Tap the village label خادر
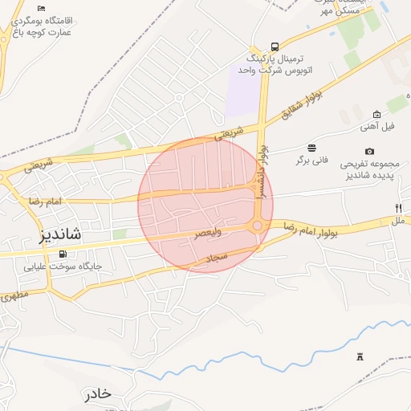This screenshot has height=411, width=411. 96,394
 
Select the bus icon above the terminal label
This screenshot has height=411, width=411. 275,47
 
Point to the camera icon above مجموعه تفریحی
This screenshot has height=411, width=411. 369,151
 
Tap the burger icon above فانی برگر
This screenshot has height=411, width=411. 311,148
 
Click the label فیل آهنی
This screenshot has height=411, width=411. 377,127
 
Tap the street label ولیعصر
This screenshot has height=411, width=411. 208,233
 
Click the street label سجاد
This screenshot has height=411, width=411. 218,258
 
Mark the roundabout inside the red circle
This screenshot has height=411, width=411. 257,226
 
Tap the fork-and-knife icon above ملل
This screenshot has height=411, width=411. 397,208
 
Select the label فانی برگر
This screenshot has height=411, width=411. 311,161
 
